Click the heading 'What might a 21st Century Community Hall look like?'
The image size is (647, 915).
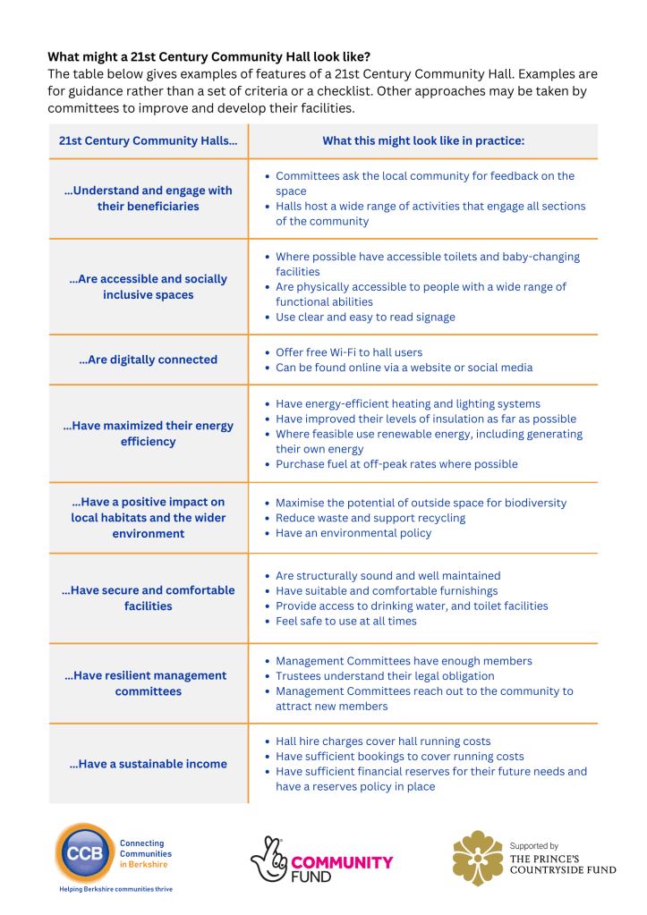click(x=209, y=56)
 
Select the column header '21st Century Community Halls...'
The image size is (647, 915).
click(x=148, y=141)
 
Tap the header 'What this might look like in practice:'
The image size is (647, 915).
click(x=423, y=141)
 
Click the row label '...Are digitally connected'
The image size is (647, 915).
click(x=148, y=360)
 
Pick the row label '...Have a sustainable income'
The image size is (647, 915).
click(x=148, y=764)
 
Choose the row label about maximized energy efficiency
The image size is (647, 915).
click(x=148, y=434)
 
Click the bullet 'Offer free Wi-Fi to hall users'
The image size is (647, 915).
click(x=349, y=352)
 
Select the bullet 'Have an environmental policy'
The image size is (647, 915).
click(x=353, y=533)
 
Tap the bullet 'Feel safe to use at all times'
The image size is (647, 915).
click(x=346, y=621)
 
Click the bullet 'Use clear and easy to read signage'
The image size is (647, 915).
click(x=365, y=317)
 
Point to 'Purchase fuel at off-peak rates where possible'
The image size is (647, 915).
click(x=396, y=464)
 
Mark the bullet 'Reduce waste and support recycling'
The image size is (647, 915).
click(x=370, y=518)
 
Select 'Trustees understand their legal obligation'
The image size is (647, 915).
click(x=385, y=676)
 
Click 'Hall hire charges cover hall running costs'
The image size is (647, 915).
click(x=383, y=741)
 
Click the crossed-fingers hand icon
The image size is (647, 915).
click(x=268, y=860)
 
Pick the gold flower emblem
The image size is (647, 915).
click(x=477, y=858)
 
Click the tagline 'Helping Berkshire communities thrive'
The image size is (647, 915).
click(x=115, y=890)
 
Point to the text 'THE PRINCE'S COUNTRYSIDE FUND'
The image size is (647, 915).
click(x=562, y=863)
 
